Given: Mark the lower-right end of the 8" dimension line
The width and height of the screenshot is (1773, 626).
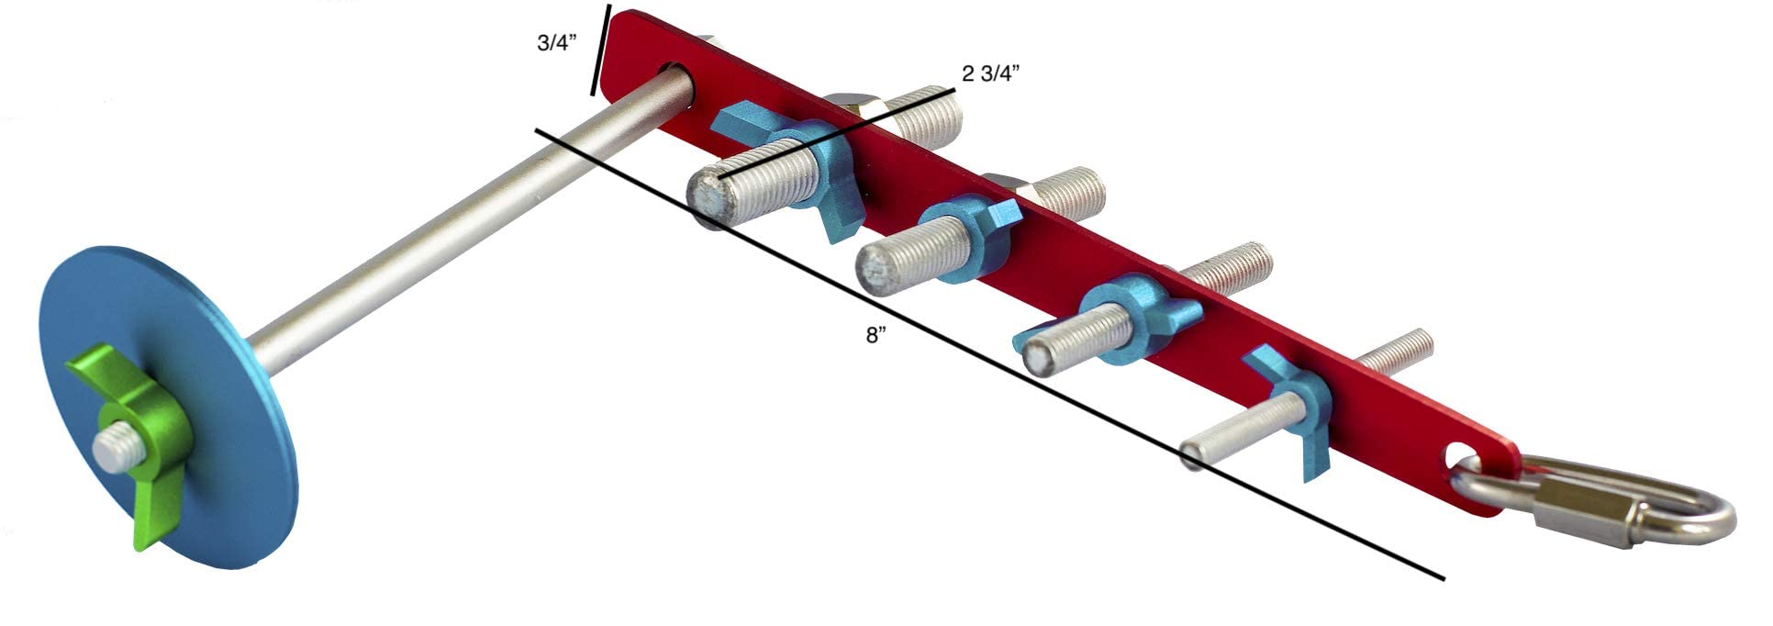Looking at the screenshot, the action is pos(1444,579).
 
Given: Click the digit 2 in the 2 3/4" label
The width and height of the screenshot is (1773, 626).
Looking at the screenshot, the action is pos(967,74).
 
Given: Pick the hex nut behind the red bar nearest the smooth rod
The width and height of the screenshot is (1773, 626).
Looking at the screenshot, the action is pos(852,106).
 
